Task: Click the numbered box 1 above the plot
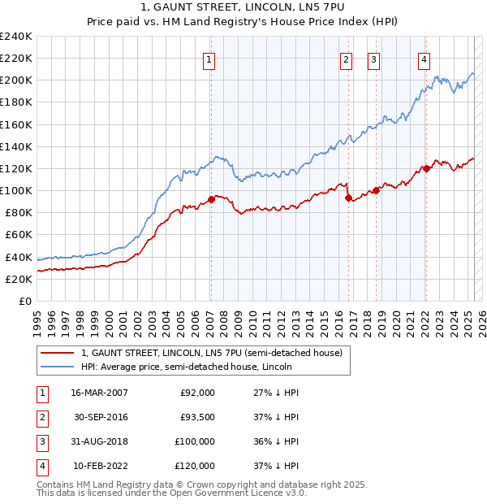coord(209,58)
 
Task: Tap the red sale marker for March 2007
coord(211,198)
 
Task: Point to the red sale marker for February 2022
coord(425,169)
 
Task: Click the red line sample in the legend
coord(57,354)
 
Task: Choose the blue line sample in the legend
coord(57,367)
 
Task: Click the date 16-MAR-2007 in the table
coord(99,393)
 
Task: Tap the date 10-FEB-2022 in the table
coord(99,466)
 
